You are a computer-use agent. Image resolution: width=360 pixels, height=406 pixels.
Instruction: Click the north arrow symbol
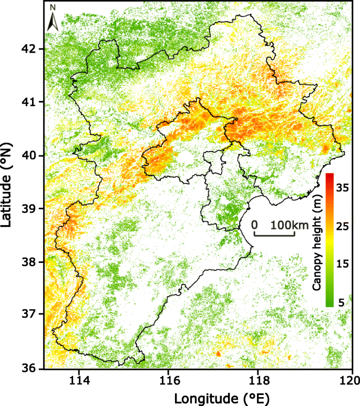pyautogui.click(x=53, y=18)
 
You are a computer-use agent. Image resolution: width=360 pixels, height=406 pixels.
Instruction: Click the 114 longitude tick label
pyautogui.click(x=78, y=380)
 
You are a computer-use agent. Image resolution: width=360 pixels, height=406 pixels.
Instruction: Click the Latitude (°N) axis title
pyautogui.click(x=8, y=184)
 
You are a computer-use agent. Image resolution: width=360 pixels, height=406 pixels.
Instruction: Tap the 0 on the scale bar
pyautogui.click(x=255, y=225)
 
